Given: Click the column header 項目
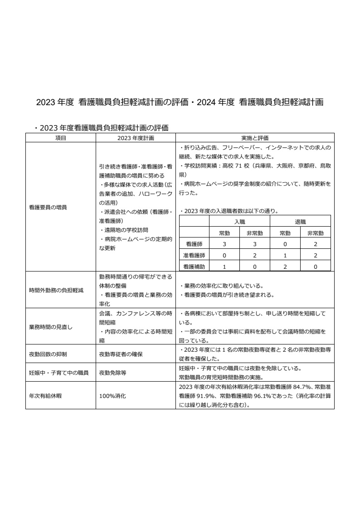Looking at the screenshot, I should (x=60, y=138).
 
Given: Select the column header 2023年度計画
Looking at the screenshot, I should (x=136, y=138).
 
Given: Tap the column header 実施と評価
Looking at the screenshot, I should (x=255, y=138).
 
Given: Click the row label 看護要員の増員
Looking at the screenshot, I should (x=48, y=207).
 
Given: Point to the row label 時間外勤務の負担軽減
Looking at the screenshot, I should (x=56, y=290).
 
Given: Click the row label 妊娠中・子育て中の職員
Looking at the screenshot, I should (x=58, y=373).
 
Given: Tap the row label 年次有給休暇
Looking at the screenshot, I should (x=45, y=396).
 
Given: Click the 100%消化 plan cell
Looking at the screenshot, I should (x=112, y=396).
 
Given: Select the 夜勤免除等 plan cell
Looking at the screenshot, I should (x=112, y=373).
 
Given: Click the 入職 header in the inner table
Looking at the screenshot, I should (x=239, y=222).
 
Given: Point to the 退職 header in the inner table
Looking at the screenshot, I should (x=300, y=222).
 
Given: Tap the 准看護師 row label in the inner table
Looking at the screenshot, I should (x=194, y=255).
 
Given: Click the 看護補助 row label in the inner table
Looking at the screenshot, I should (x=194, y=267).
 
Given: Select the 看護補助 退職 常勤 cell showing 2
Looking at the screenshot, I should (x=285, y=267).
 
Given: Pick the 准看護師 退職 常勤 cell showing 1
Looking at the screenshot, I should (x=285, y=255).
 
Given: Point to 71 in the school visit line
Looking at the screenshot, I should (x=240, y=166).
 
